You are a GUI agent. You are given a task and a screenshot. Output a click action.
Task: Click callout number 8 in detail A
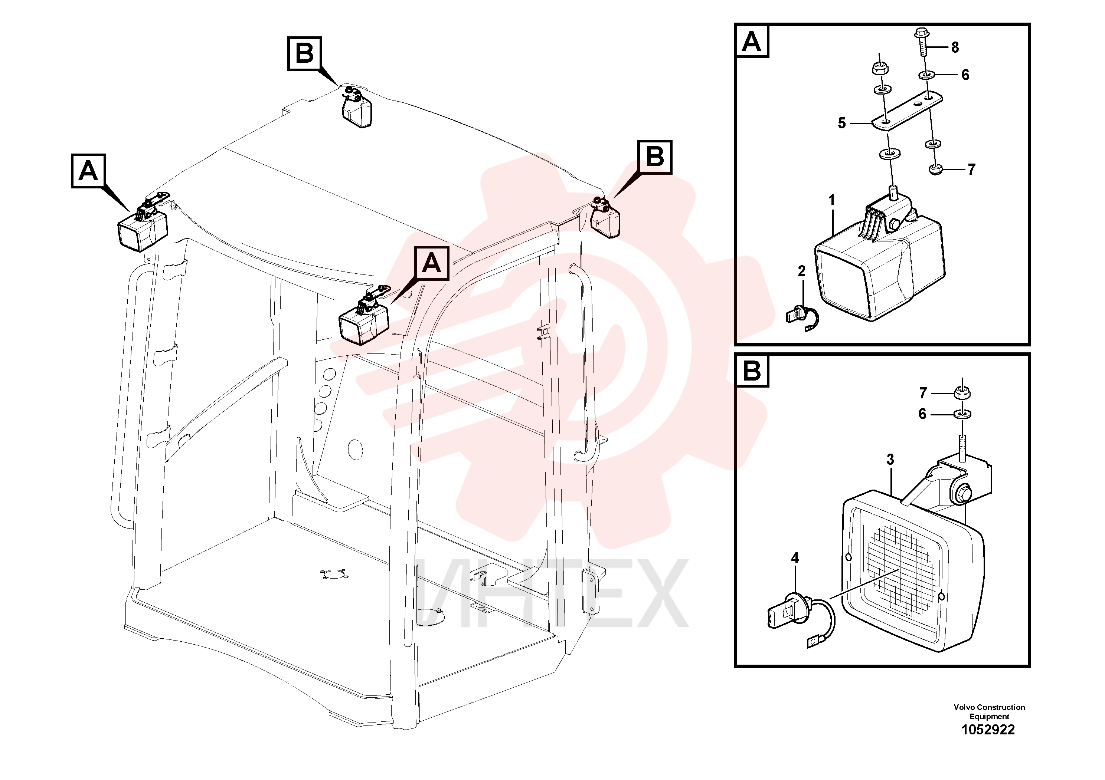[x=955, y=47]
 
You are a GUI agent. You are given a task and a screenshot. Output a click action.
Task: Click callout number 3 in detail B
[x=890, y=460]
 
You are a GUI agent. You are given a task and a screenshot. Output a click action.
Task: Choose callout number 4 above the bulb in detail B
[x=795, y=558]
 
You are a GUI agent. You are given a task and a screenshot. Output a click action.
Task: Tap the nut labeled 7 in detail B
[x=962, y=393]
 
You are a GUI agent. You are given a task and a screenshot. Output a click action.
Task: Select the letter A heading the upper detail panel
[x=752, y=42]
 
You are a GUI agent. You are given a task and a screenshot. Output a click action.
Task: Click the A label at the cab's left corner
[x=88, y=171]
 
